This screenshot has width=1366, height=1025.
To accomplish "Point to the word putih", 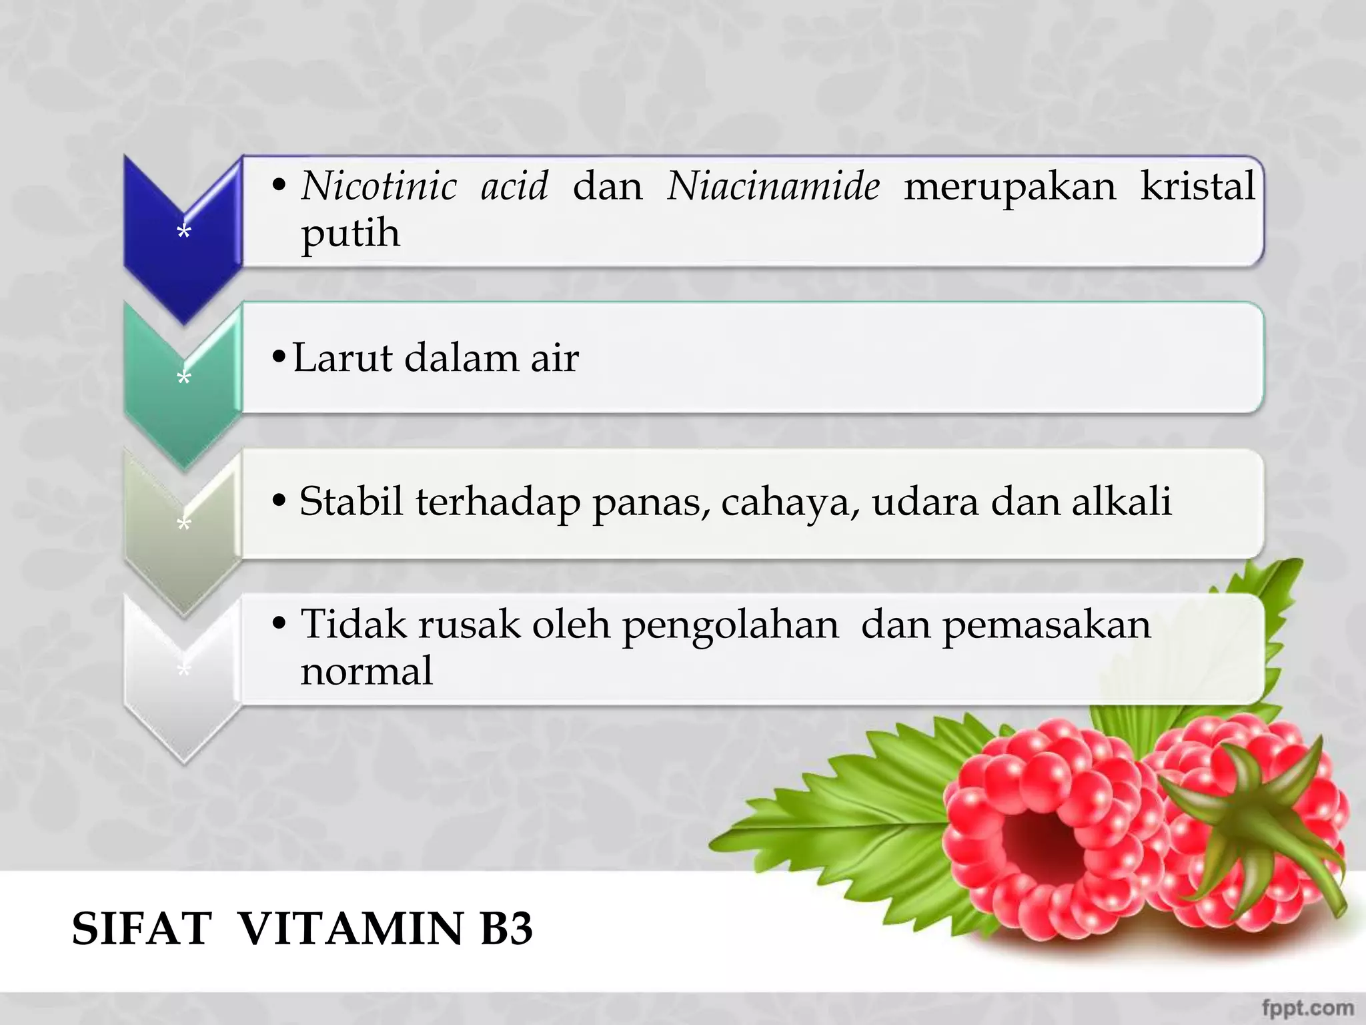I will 350,234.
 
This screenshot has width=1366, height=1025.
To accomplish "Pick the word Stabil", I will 351,501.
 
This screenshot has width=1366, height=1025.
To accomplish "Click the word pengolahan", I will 730,626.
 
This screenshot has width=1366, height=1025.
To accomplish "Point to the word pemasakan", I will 1046,626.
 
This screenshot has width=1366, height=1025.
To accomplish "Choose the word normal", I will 366,671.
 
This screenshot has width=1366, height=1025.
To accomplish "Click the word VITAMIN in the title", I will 351,928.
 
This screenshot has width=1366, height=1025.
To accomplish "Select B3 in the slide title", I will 506,928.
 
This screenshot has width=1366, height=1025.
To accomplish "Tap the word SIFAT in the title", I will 141,928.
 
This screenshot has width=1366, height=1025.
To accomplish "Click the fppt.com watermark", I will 1307,1007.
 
